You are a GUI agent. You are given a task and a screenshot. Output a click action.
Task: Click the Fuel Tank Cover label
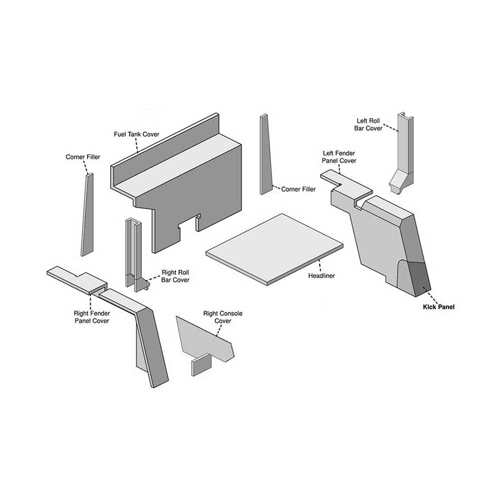(137, 134)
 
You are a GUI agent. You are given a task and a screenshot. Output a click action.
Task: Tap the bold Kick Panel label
(438, 307)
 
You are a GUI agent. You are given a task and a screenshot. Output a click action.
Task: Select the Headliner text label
(322, 276)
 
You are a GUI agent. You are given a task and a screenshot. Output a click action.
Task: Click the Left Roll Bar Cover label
(369, 124)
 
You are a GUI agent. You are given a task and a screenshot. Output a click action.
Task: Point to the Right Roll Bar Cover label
(175, 276)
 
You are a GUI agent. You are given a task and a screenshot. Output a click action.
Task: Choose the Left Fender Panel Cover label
(339, 157)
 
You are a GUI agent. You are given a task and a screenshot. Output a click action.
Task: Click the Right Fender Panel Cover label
(91, 317)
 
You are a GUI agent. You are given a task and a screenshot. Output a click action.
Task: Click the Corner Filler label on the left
(83, 157)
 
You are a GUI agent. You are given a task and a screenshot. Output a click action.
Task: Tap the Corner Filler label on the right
(299, 189)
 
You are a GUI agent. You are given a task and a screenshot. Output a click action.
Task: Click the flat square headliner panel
(275, 248)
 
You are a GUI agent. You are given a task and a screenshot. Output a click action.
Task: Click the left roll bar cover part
(404, 150)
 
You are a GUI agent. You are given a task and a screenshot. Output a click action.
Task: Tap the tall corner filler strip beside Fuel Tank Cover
(265, 155)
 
